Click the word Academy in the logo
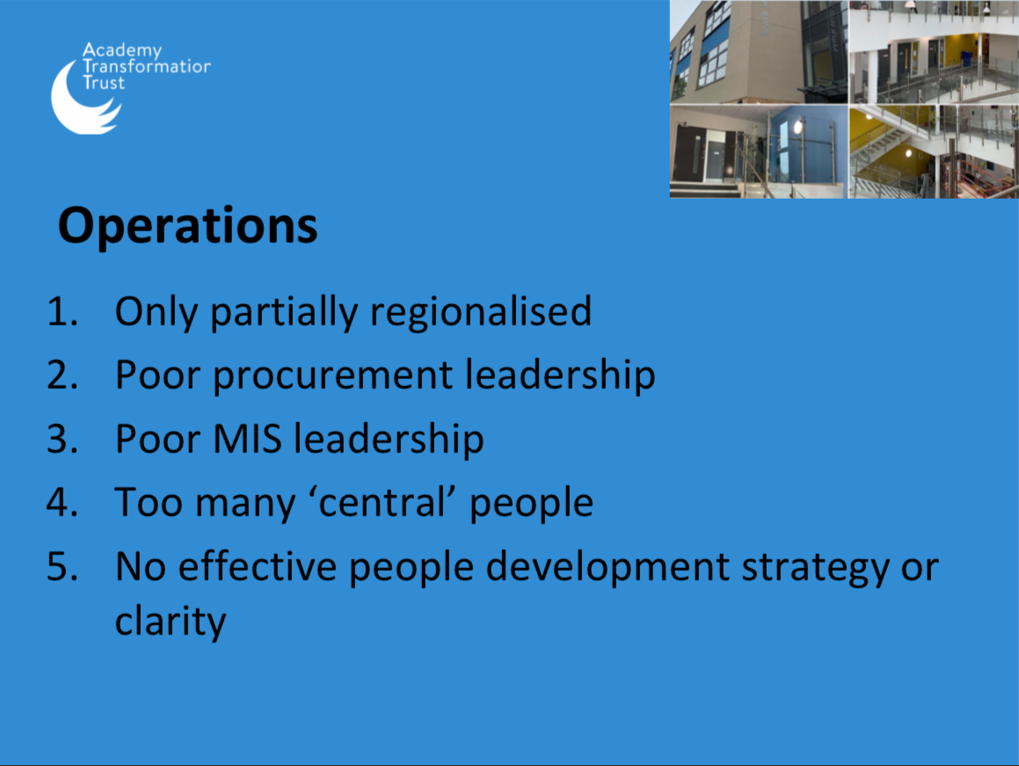tap(122, 51)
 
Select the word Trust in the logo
tap(104, 83)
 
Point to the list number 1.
tap(62, 311)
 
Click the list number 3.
tap(62, 439)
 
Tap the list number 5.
tap(62, 566)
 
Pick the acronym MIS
tap(247, 439)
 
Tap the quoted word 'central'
tap(382, 503)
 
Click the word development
tap(608, 567)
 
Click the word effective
tap(258, 566)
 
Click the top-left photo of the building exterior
tap(759, 51)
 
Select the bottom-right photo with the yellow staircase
tap(934, 151)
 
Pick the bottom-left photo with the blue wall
tap(759, 151)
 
